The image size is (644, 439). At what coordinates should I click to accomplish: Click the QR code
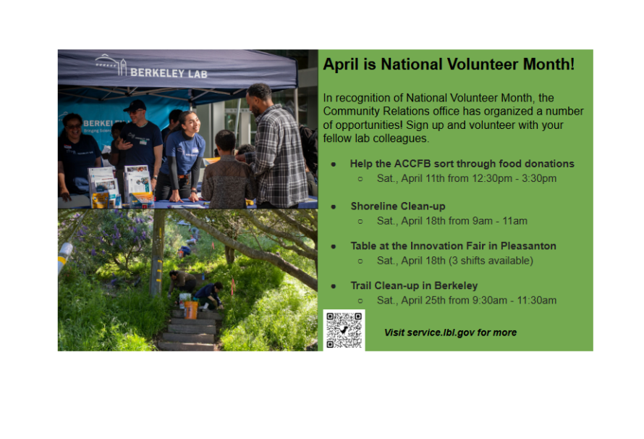(x=344, y=331)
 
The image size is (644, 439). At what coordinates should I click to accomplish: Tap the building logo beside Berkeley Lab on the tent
(x=111, y=65)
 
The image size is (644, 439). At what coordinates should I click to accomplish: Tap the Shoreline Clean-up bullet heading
(x=397, y=206)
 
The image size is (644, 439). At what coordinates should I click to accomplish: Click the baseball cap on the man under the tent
(x=134, y=106)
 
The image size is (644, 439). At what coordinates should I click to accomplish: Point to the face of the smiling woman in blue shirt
(x=188, y=122)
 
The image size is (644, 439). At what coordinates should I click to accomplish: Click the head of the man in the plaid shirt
(x=258, y=94)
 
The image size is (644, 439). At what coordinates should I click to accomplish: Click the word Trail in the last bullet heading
(x=364, y=285)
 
